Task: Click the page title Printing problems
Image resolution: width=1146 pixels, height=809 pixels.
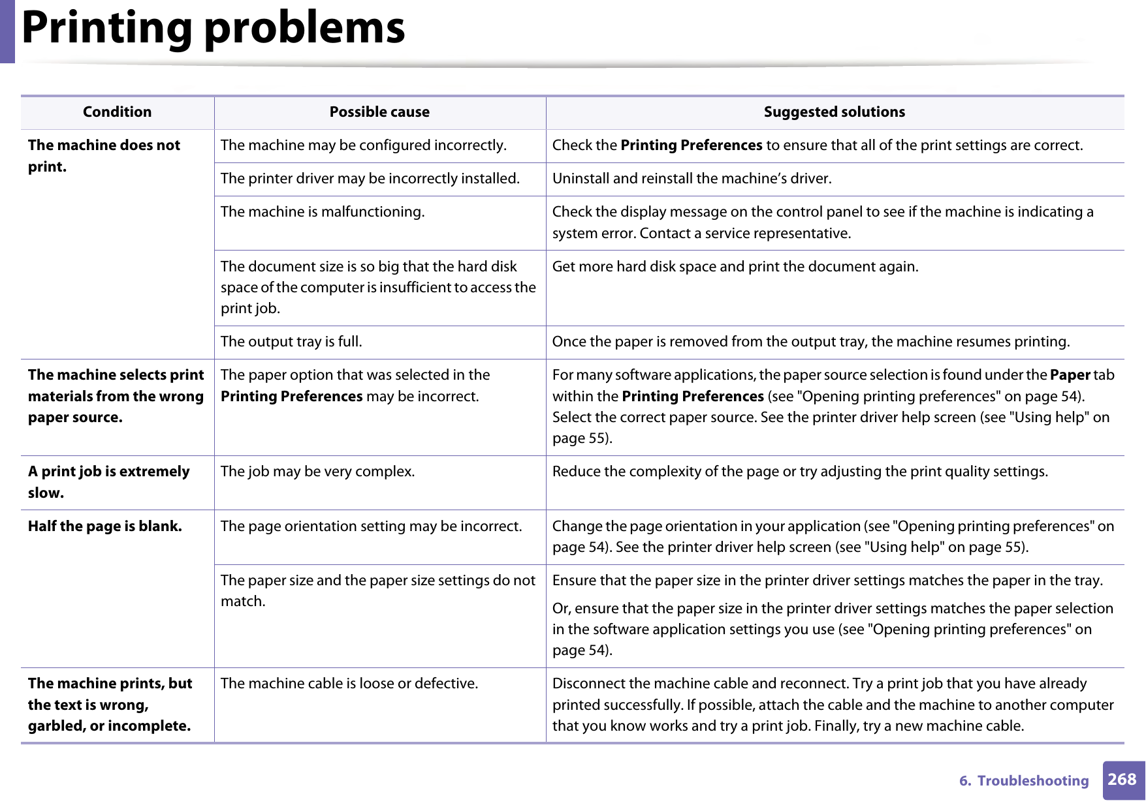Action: pyautogui.click(x=213, y=29)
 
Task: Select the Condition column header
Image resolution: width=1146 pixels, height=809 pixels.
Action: pyautogui.click(x=117, y=112)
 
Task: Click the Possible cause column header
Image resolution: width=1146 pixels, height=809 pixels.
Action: pyautogui.click(x=379, y=112)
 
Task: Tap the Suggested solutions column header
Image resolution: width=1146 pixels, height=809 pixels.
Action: pyautogui.click(x=834, y=112)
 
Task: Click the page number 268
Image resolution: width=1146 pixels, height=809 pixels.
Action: pyautogui.click(x=1122, y=780)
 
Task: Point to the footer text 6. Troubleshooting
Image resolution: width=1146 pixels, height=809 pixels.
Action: pyautogui.click(x=1023, y=781)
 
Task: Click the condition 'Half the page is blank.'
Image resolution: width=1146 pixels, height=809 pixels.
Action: pyautogui.click(x=104, y=527)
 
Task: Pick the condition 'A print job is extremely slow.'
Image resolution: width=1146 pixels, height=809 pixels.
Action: pyautogui.click(x=108, y=482)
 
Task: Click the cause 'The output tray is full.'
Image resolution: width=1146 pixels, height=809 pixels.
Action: pyautogui.click(x=291, y=342)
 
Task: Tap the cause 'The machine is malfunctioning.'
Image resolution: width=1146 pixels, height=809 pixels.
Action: pyautogui.click(x=323, y=212)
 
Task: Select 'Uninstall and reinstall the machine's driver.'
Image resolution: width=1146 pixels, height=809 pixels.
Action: pyautogui.click(x=692, y=179)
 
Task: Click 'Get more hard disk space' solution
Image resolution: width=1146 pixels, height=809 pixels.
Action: pyautogui.click(x=735, y=267)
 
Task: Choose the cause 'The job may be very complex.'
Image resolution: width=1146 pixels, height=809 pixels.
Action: pyautogui.click(x=317, y=472)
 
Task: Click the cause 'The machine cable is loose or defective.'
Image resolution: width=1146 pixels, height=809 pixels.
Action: pyautogui.click(x=349, y=684)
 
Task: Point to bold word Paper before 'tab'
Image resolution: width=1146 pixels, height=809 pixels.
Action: pyautogui.click(x=1070, y=375)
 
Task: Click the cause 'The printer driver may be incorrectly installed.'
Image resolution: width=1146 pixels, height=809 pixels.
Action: pyautogui.click(x=370, y=179)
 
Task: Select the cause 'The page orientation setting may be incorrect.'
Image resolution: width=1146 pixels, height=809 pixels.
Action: pyautogui.click(x=371, y=527)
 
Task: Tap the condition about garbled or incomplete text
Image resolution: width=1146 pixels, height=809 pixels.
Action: pyautogui.click(x=110, y=705)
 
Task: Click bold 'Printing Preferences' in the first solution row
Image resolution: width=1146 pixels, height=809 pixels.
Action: pyautogui.click(x=691, y=145)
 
